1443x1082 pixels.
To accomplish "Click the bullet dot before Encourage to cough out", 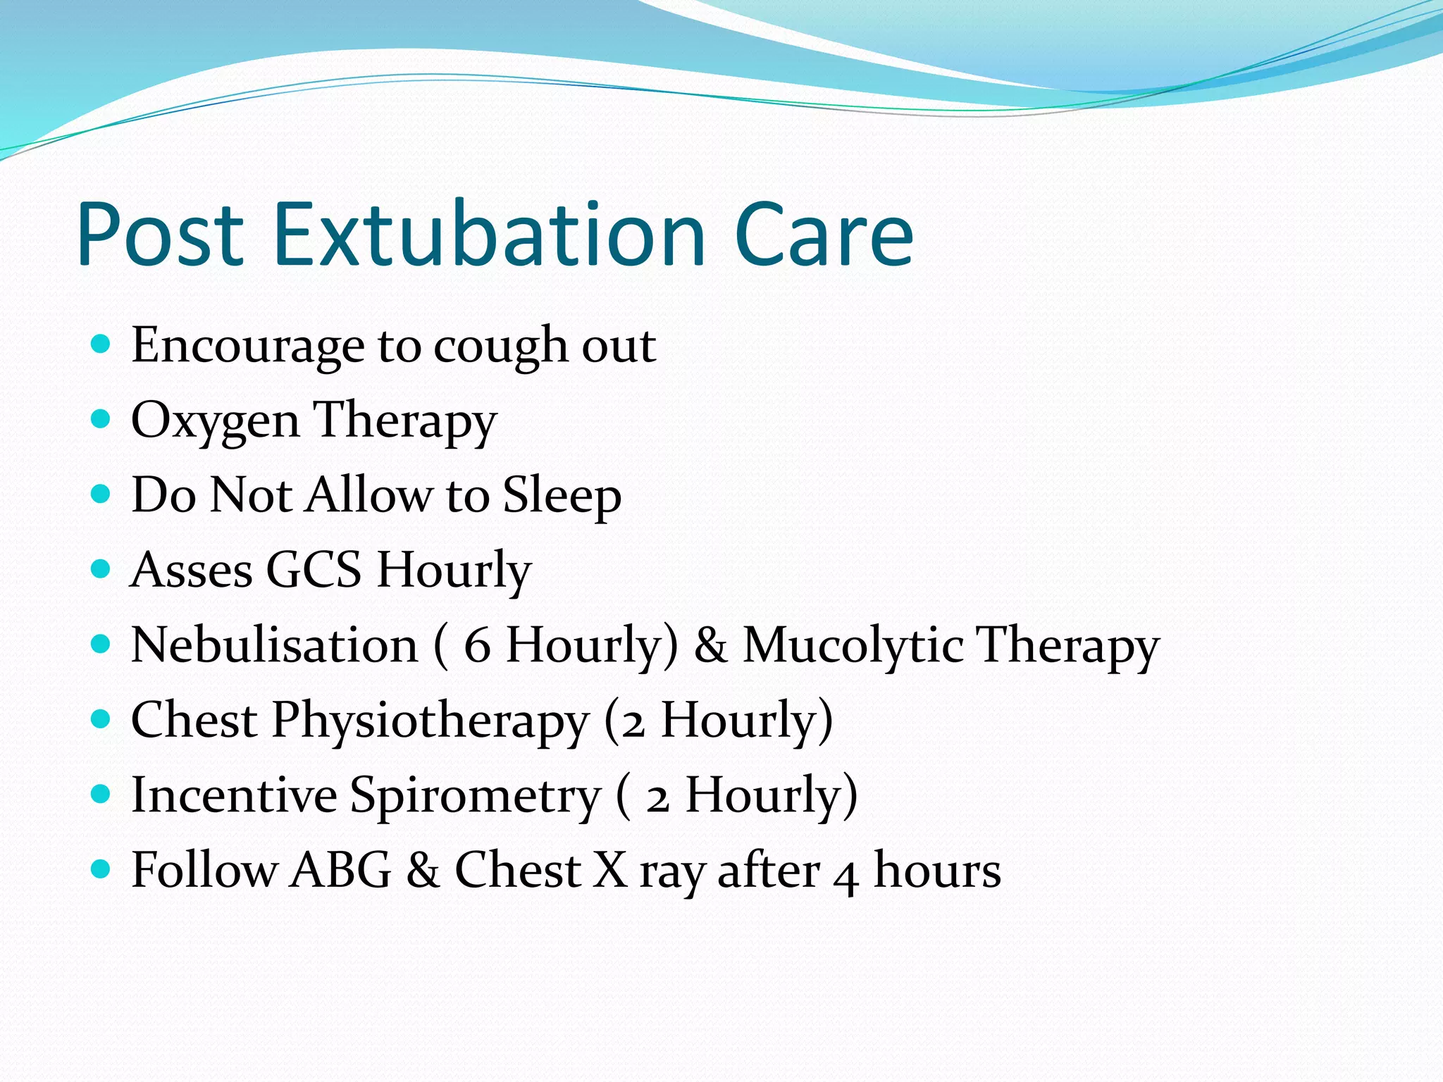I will pos(101,344).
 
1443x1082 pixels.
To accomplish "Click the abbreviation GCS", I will pos(314,569).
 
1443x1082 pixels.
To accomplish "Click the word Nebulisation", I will pos(275,645).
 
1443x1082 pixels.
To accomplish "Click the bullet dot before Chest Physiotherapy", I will pos(101,719).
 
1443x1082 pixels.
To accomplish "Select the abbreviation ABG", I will pos(340,870).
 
